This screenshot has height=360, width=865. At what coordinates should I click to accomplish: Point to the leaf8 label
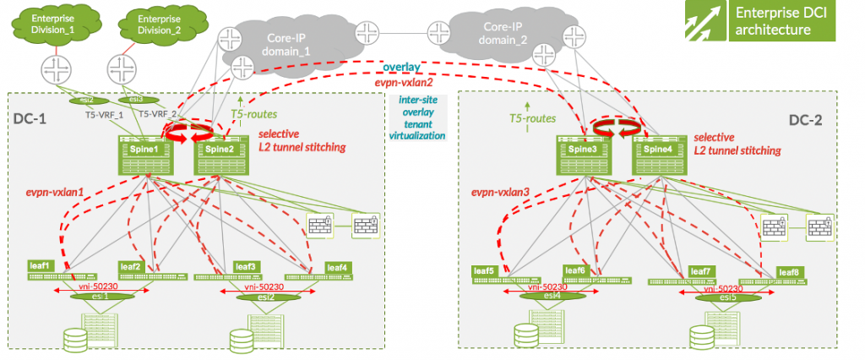click(787, 271)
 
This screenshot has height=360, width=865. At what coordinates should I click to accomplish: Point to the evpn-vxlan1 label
click(56, 193)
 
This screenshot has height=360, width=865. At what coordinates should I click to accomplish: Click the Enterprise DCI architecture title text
click(774, 22)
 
